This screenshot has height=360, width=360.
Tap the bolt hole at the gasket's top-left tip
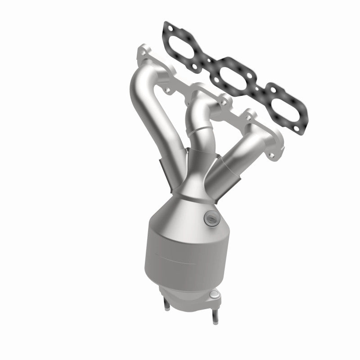coord(166,30)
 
